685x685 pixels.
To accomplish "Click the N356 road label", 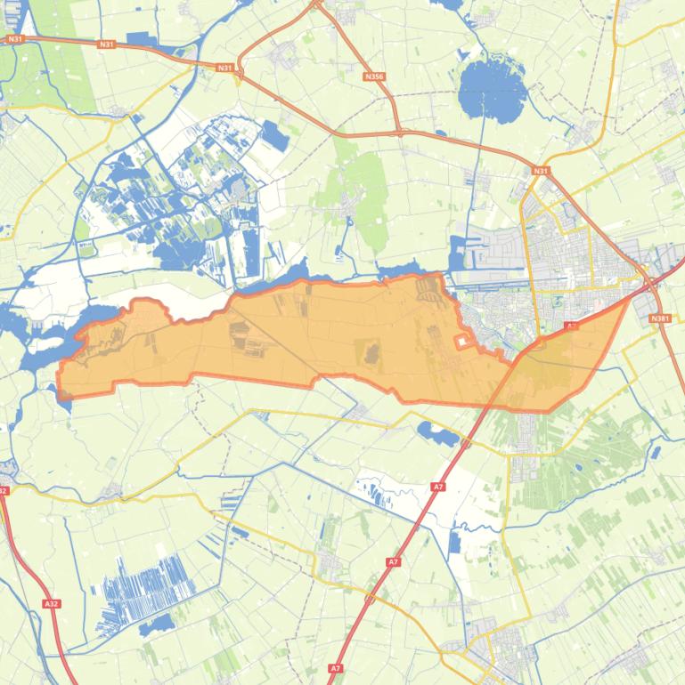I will (374, 78).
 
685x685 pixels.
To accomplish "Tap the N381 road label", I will (659, 318).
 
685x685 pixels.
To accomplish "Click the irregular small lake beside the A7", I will (436, 433).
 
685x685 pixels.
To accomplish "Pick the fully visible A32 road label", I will (51, 604).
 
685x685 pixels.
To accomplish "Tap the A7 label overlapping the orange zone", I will (571, 326).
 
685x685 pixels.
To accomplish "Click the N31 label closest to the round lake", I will (540, 171).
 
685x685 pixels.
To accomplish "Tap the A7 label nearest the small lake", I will (437, 487).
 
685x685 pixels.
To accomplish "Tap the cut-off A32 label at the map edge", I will (4, 490).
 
